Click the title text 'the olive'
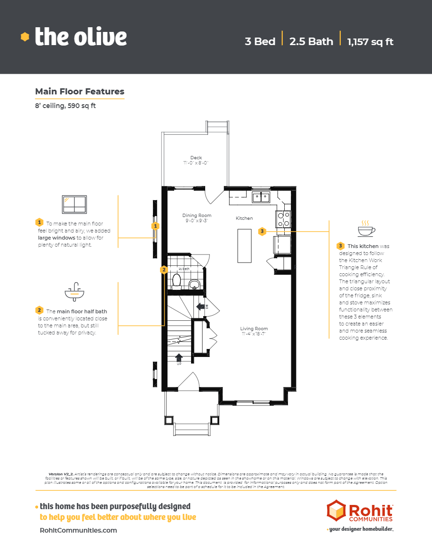pyautogui.click(x=80, y=37)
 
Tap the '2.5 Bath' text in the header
pyautogui.click(x=311, y=41)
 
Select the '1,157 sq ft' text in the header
pyautogui.click(x=370, y=41)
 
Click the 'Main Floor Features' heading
pyautogui.click(x=80, y=92)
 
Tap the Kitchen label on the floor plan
pyautogui.click(x=244, y=218)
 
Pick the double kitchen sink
pyautogui.click(x=261, y=197)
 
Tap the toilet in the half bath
pyautogui.click(x=177, y=280)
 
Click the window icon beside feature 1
pyautogui.click(x=74, y=204)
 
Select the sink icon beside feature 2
pyautogui.click(x=74, y=293)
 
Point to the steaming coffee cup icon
pyautogui.click(x=366, y=229)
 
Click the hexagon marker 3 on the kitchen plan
pyautogui.click(x=262, y=231)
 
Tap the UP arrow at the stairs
pyautogui.click(x=179, y=358)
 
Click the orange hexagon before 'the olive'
pyautogui.click(x=25, y=37)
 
